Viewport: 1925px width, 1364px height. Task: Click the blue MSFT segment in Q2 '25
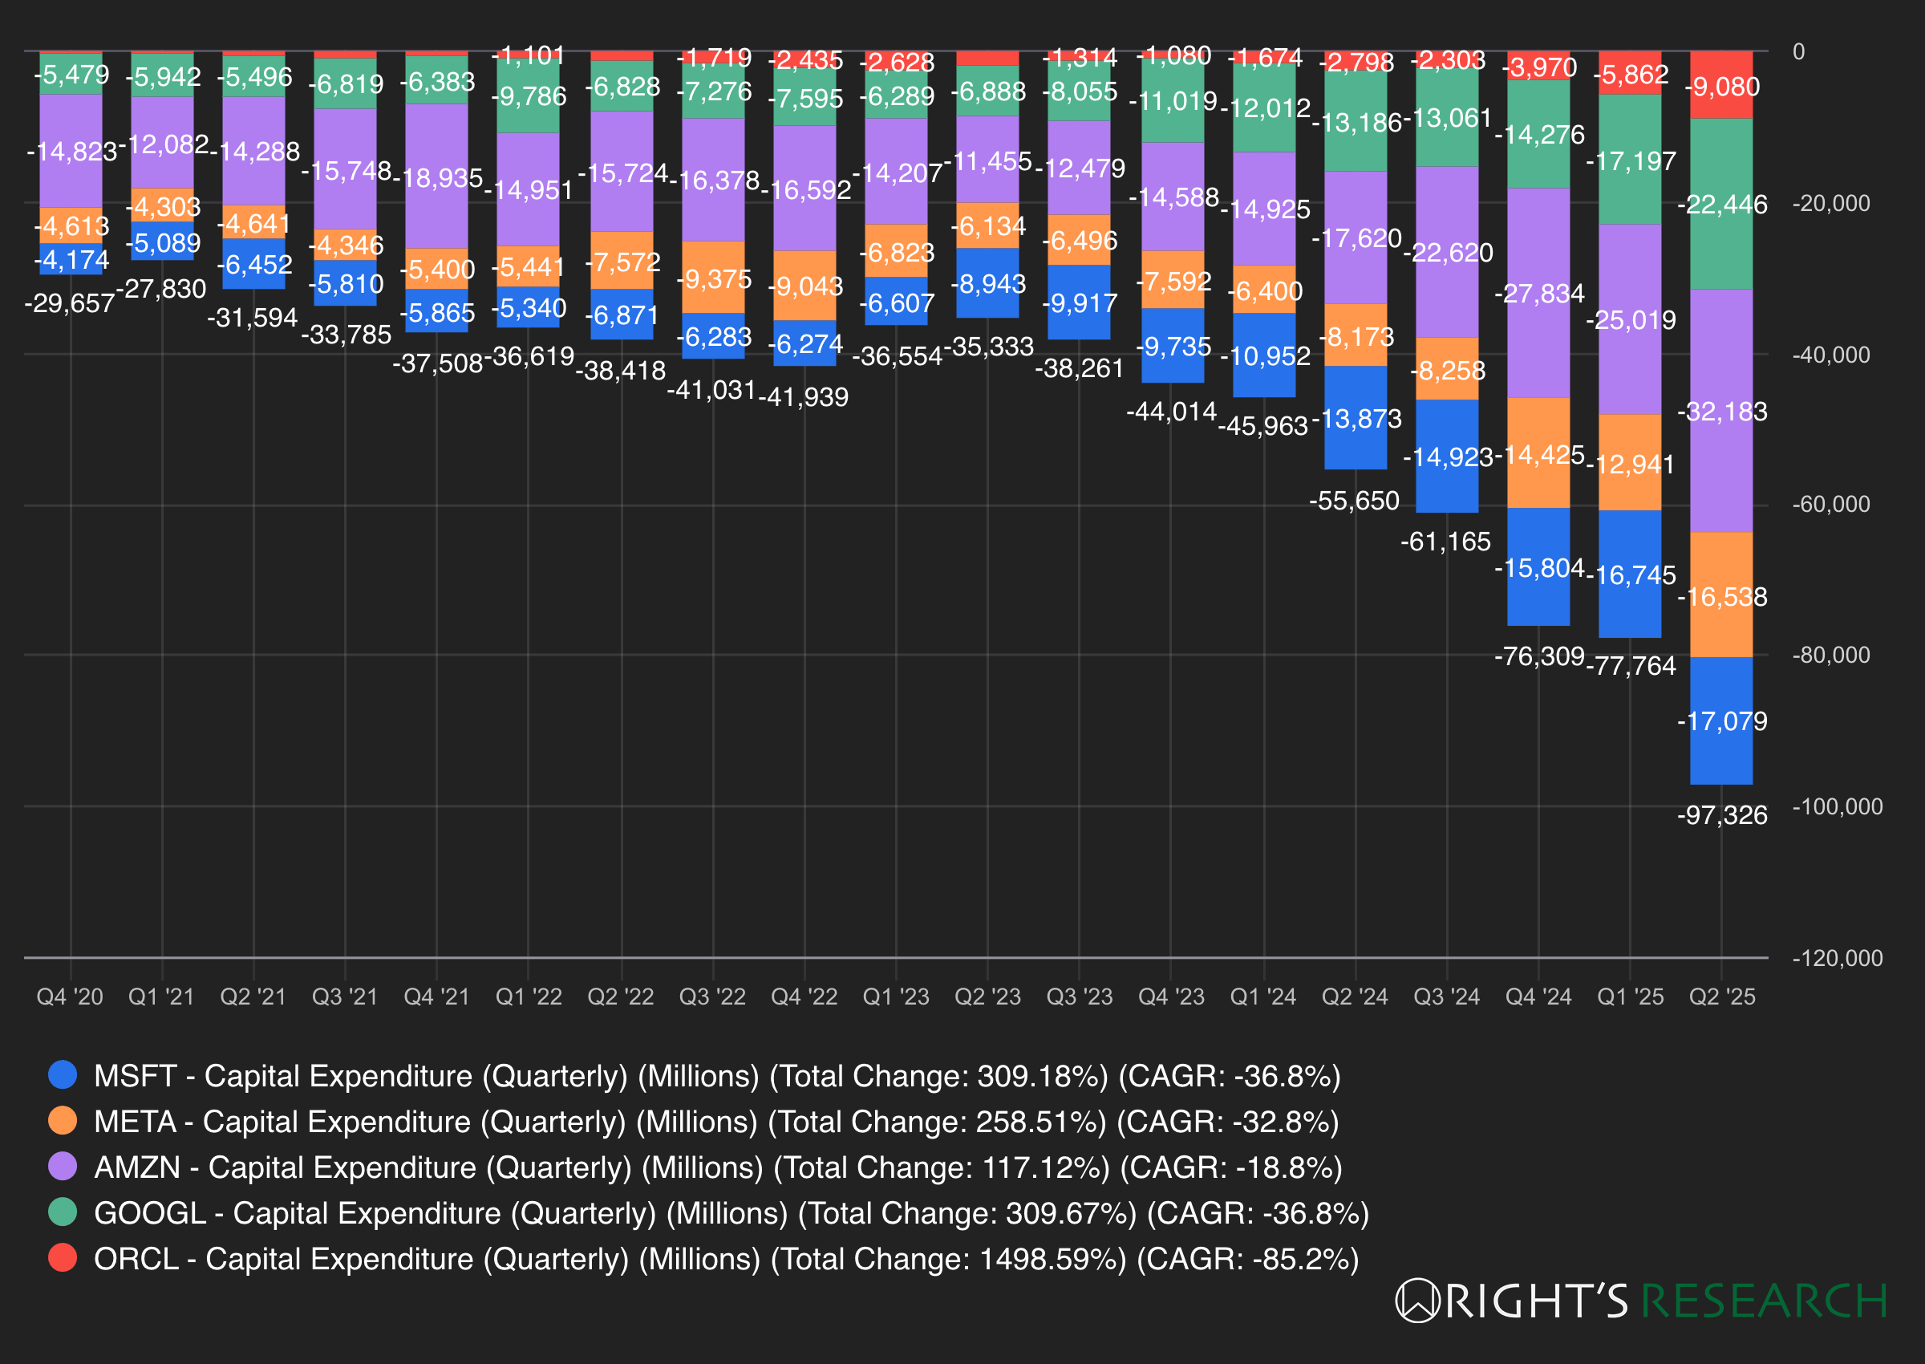coord(1721,720)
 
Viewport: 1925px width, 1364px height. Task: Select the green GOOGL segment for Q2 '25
coord(1721,203)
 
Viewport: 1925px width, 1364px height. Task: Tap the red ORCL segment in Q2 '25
coord(1721,85)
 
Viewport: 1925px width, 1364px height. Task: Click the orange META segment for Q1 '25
coord(1630,463)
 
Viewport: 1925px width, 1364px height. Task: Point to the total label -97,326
coord(1722,814)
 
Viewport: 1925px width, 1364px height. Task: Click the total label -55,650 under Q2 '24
coord(1354,501)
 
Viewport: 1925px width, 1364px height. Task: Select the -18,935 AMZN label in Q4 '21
coord(436,178)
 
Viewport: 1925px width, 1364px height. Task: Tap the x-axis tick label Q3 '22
coord(712,997)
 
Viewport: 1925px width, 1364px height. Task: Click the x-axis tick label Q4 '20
coord(70,997)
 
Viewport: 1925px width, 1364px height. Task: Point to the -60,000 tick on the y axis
coord(1830,504)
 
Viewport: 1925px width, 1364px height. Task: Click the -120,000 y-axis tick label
coord(1837,958)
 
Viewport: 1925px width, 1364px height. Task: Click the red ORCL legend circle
coord(63,1257)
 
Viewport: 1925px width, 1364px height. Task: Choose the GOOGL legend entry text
coord(731,1214)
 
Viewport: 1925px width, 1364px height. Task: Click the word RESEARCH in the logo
coord(1763,1301)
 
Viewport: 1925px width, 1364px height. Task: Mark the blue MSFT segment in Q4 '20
coord(71,259)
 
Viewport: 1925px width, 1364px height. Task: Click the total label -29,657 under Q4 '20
coord(70,303)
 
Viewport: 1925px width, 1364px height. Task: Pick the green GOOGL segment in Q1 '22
coord(528,96)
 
